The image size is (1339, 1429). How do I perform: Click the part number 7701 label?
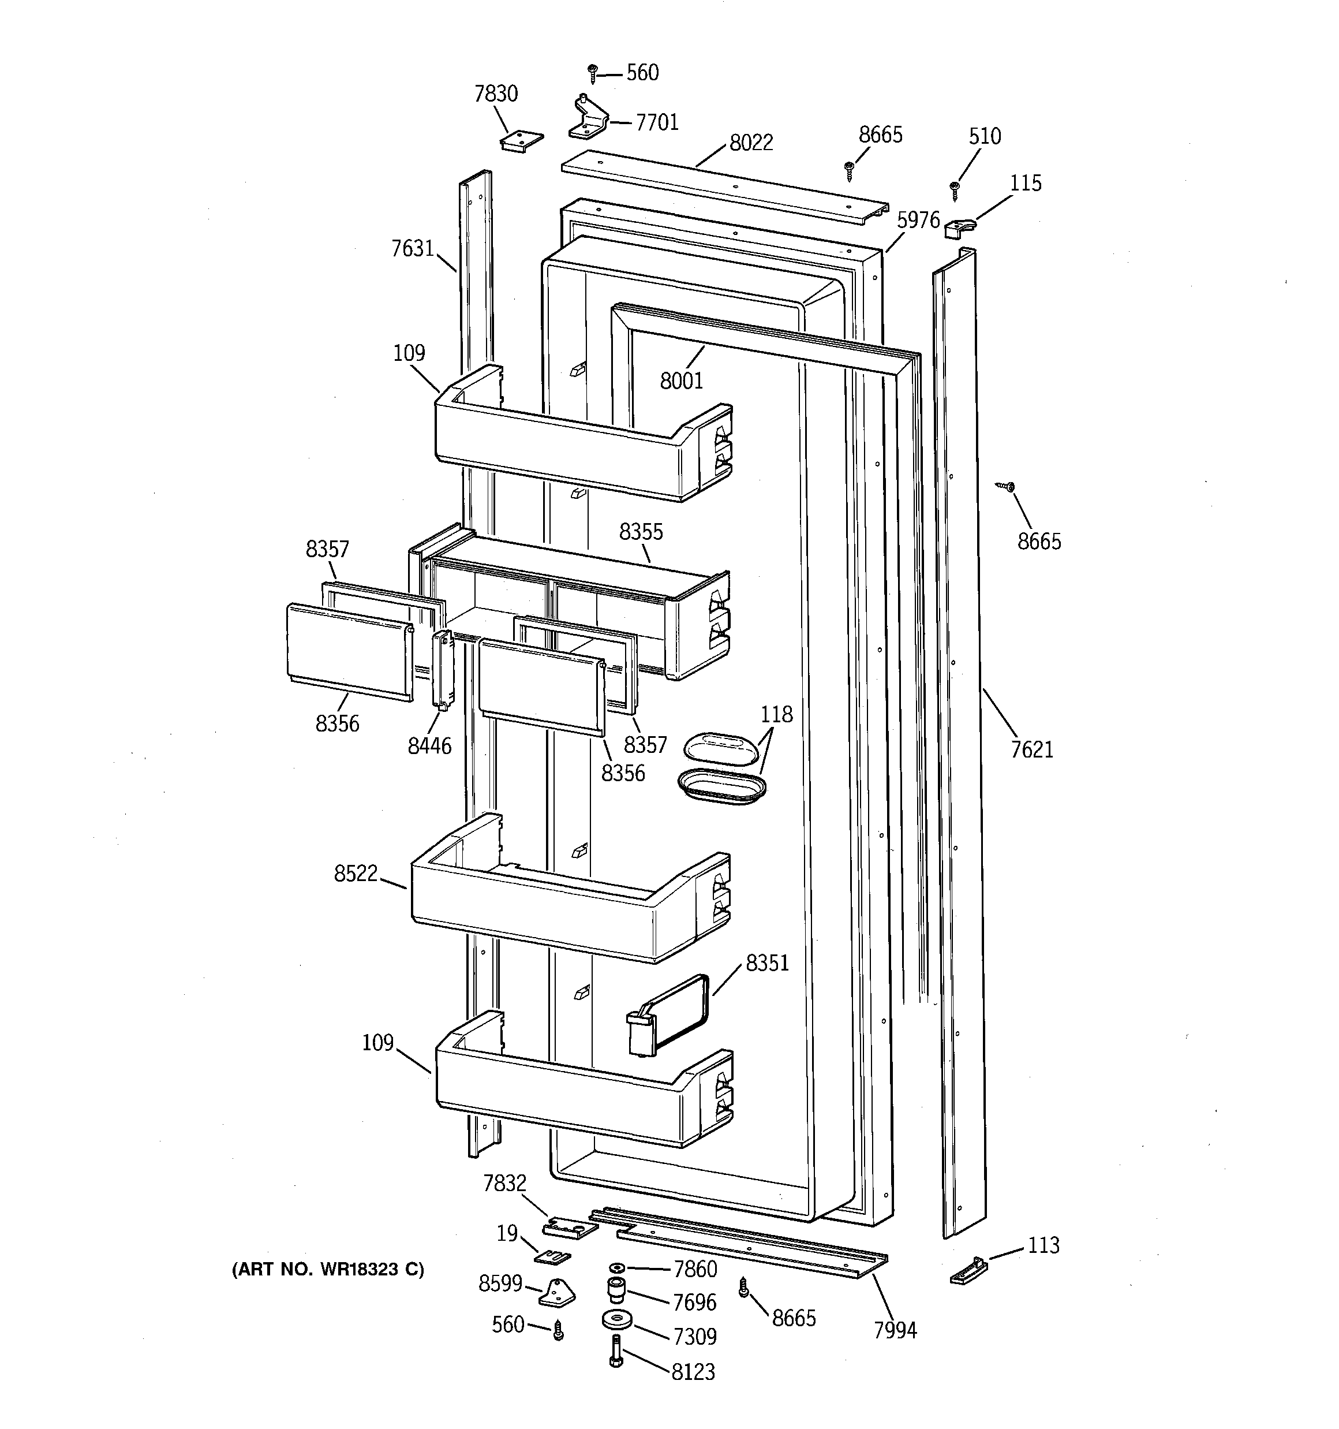(656, 123)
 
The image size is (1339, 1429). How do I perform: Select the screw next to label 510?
(955, 191)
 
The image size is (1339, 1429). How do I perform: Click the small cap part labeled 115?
(956, 229)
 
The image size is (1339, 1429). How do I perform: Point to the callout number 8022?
(751, 143)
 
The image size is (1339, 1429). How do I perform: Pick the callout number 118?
(776, 715)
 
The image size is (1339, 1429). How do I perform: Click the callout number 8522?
(355, 874)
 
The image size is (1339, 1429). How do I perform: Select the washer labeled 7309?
(616, 1320)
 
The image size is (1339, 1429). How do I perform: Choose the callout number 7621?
(1031, 750)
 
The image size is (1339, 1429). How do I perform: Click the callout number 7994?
(895, 1330)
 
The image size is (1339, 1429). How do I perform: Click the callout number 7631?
(413, 249)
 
